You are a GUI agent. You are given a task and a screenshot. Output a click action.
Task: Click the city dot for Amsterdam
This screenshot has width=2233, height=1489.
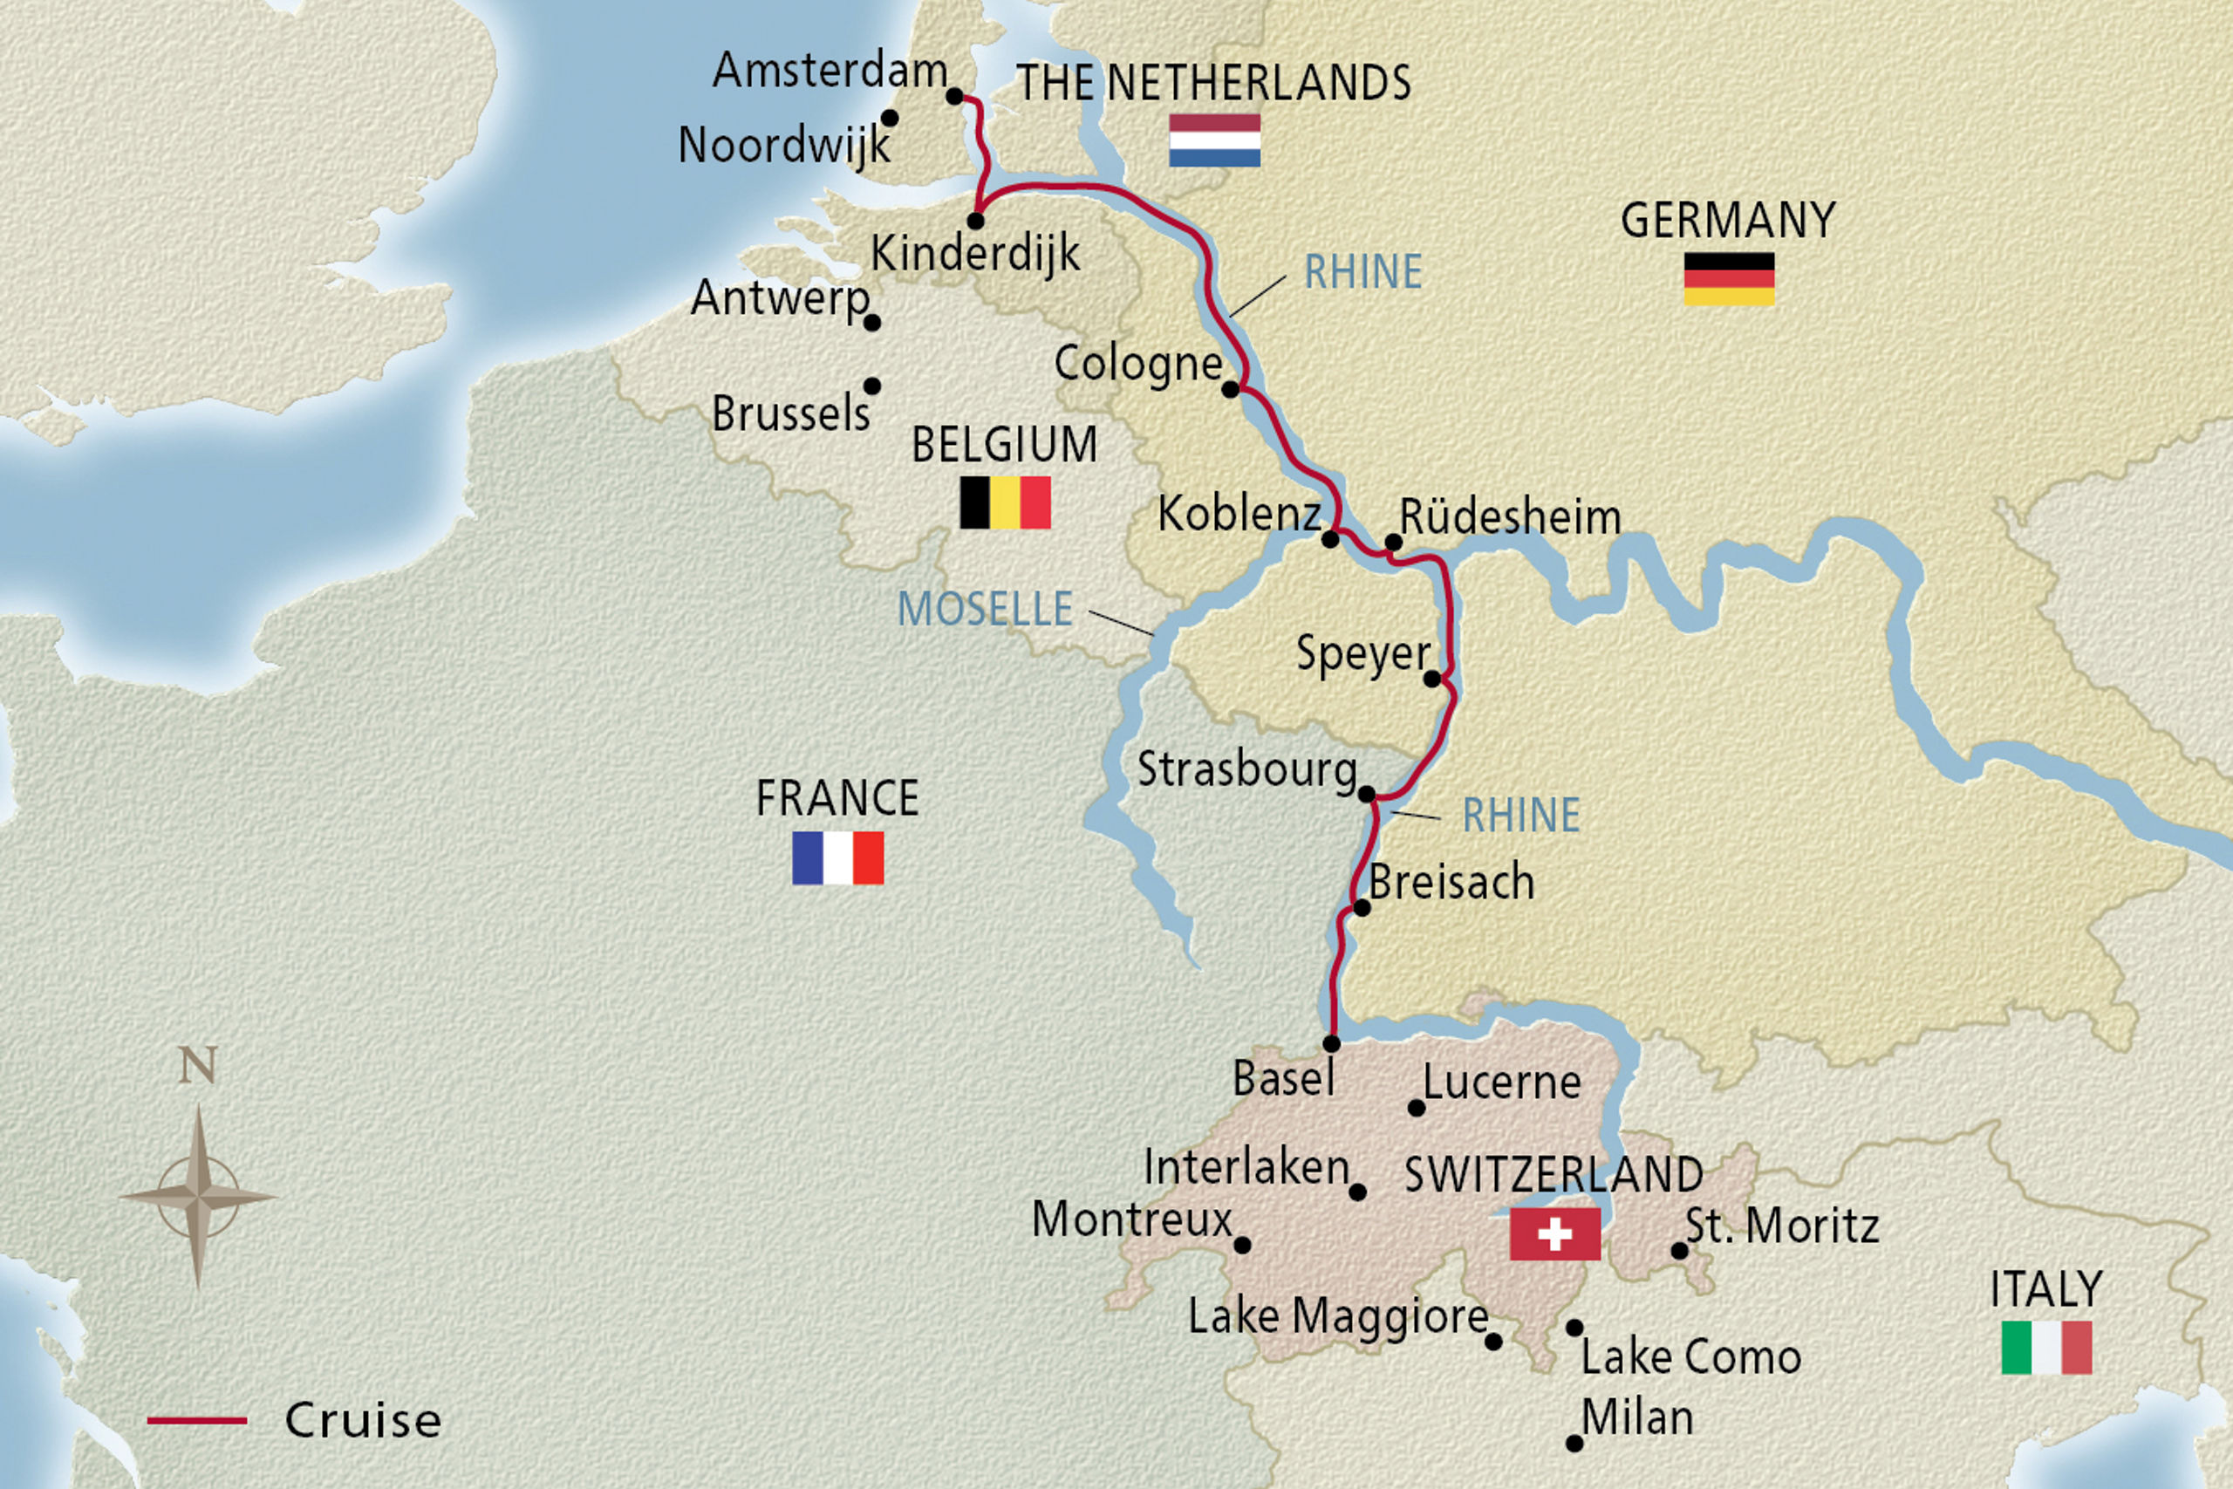click(x=955, y=97)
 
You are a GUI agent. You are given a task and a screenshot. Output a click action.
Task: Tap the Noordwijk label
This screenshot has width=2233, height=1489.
click(x=784, y=147)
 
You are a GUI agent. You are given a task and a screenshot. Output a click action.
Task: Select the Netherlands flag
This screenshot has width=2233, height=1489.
click(x=1214, y=140)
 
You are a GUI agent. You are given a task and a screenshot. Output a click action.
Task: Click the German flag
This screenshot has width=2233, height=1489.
click(x=1729, y=278)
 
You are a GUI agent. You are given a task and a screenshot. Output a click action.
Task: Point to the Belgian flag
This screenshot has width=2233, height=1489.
click(x=1006, y=502)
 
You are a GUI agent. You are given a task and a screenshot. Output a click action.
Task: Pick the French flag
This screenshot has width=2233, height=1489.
click(x=837, y=857)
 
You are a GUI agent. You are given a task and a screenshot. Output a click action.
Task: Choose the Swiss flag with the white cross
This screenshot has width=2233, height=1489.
click(x=1554, y=1234)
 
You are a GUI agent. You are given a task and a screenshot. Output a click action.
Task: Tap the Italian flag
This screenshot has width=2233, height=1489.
click(x=2046, y=1348)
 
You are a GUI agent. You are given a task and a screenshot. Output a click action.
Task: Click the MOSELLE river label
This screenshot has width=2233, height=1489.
click(x=985, y=610)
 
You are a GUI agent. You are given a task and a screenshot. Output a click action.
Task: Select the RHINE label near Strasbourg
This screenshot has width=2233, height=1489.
click(x=1521, y=816)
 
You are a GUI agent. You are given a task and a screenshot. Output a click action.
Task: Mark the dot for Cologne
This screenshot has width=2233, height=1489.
click(x=1231, y=389)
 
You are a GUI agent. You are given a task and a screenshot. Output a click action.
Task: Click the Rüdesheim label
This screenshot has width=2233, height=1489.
click(x=1511, y=518)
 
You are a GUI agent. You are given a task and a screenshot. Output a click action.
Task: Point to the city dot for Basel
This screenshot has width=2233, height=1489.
click(x=1331, y=1043)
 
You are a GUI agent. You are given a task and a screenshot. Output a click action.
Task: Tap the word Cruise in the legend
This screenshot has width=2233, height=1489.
click(x=363, y=1421)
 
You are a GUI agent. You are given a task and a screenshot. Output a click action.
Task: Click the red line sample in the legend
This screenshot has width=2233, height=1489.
click(x=196, y=1421)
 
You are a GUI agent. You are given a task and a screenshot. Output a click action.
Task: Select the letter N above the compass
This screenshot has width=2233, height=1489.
click(x=197, y=1065)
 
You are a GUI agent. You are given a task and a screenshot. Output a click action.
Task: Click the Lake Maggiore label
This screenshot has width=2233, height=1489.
click(x=1338, y=1317)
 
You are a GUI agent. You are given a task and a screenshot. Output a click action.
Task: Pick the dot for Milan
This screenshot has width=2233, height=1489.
click(x=1574, y=1444)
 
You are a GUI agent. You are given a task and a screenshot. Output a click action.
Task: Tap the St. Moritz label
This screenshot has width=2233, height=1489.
click(x=1782, y=1226)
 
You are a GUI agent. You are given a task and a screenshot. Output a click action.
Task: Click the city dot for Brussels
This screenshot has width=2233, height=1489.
click(x=871, y=386)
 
